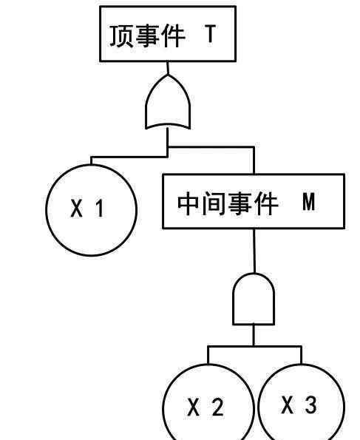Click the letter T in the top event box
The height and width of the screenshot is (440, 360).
(211, 34)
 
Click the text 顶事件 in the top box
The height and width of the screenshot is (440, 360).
(147, 36)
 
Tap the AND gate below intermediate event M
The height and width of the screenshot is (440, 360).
(254, 299)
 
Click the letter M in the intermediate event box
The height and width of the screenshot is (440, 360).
(309, 202)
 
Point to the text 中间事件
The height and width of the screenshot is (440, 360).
(228, 203)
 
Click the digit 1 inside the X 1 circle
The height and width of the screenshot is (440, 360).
(100, 209)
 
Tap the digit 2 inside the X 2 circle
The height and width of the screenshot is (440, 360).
(218, 407)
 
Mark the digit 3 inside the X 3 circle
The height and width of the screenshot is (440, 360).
(311, 405)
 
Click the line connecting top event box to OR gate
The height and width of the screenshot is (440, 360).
(168, 68)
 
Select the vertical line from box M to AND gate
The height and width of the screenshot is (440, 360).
(254, 251)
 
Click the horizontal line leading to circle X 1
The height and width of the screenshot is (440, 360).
(129, 157)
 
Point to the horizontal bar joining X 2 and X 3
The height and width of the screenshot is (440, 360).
(254, 347)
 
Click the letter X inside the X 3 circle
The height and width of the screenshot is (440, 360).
(288, 405)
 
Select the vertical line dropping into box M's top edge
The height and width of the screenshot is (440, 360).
(254, 160)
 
